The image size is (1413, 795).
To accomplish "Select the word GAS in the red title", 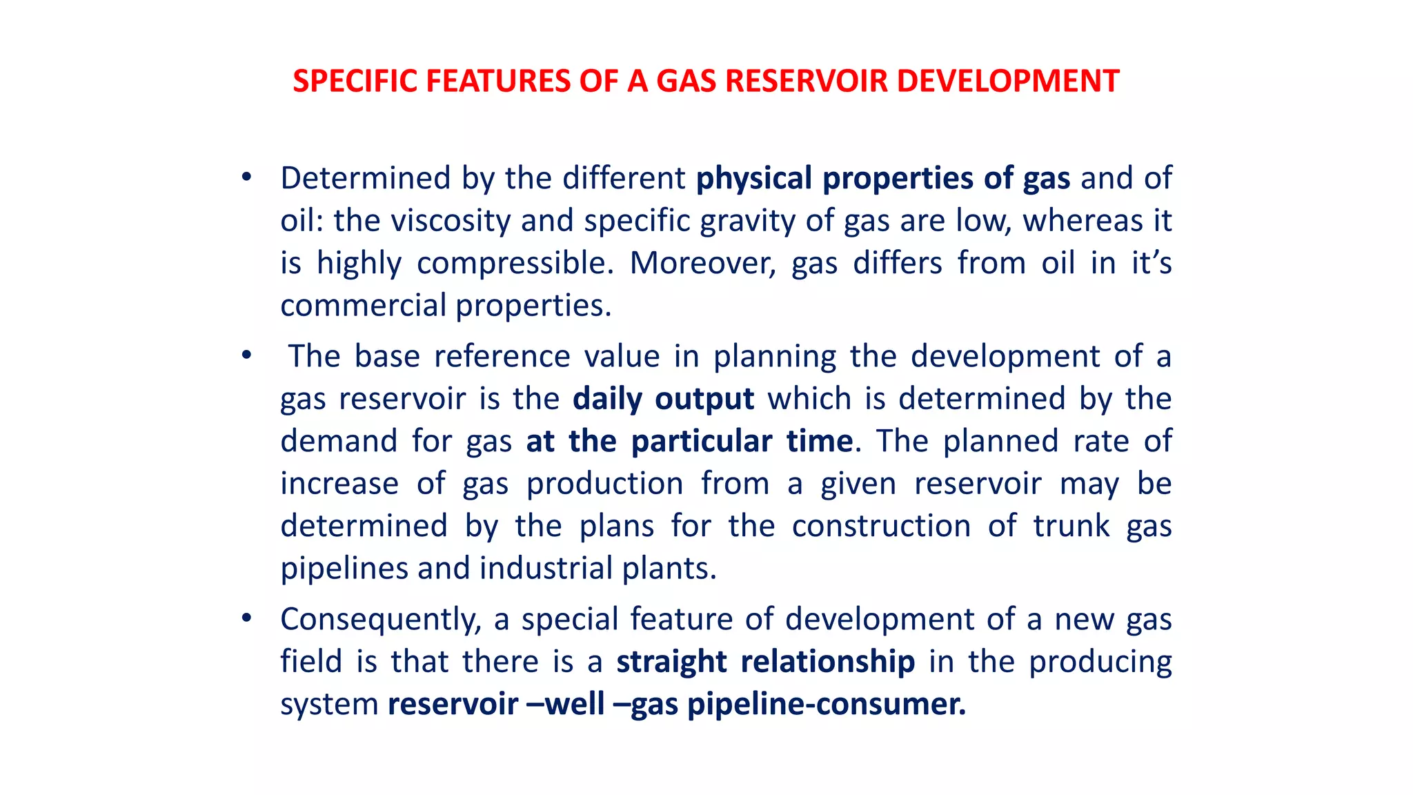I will tap(686, 81).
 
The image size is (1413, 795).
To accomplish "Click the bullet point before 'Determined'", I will tap(246, 177).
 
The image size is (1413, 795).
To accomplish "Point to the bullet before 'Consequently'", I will tap(246, 618).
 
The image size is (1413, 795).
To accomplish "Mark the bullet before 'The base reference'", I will tap(246, 355).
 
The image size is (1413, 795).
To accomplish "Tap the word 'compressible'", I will tap(515, 264).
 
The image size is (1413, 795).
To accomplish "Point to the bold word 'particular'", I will tap(702, 442).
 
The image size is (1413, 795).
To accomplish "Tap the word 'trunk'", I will tap(1071, 526).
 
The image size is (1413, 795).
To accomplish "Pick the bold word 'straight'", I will tap(671, 662).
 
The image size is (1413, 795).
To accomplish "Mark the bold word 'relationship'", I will tap(828, 662).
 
